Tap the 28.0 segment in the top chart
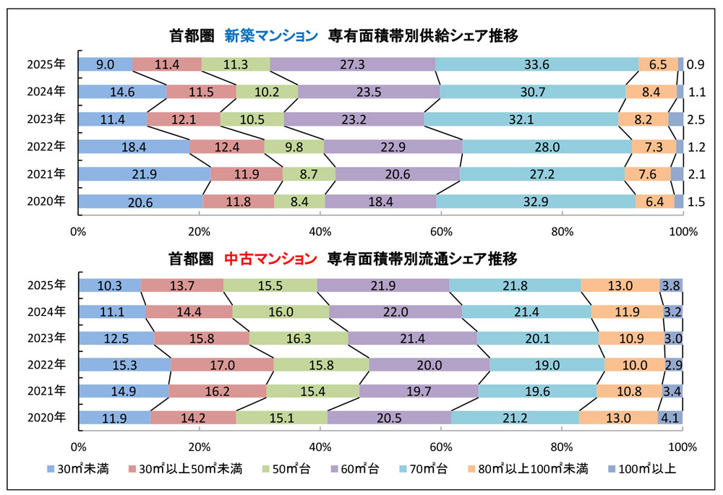[547, 147]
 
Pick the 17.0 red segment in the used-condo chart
[223, 365]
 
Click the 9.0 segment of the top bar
[106, 64]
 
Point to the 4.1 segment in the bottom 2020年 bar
[670, 418]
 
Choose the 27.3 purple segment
[352, 64]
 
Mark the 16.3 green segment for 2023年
[299, 338]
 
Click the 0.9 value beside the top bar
[695, 64]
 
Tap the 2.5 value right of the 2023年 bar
[695, 119]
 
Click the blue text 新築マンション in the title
[270, 35]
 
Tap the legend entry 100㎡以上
[643, 469]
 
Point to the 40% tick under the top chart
[320, 233]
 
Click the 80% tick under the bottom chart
[562, 446]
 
